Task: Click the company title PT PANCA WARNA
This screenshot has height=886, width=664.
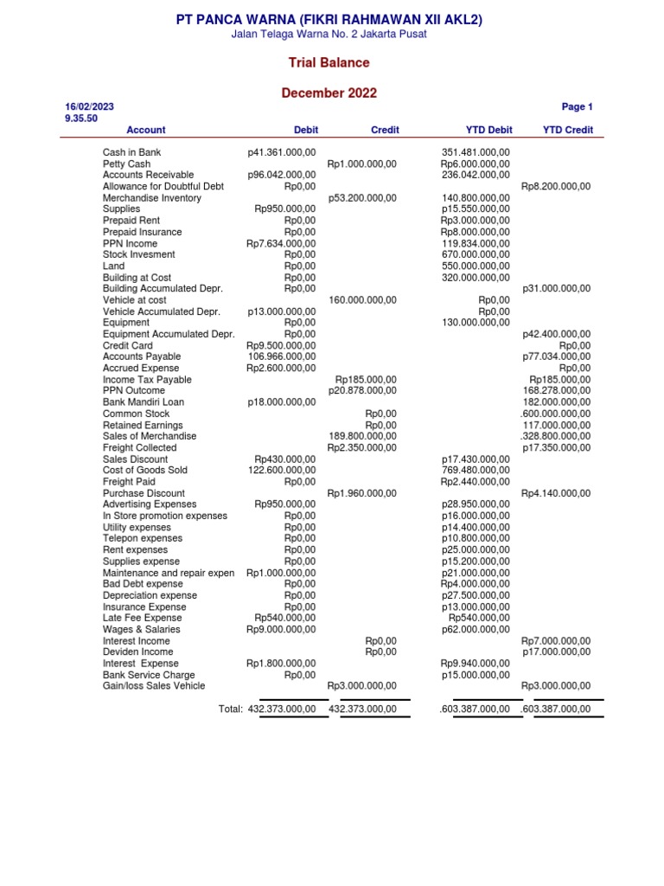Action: coord(329,18)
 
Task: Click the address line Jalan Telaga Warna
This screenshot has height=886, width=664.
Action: coord(329,34)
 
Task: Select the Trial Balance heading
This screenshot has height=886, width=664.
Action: coord(329,63)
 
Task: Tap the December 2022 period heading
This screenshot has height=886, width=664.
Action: coord(329,93)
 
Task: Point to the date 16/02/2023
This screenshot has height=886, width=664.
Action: coord(89,106)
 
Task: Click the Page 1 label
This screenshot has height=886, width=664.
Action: coord(577,107)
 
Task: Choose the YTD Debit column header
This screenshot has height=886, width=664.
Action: coord(488,130)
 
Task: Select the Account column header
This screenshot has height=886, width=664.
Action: coord(146,130)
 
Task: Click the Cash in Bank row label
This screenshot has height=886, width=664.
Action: coord(131,152)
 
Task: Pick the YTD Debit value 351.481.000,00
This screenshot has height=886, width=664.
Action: coord(476,152)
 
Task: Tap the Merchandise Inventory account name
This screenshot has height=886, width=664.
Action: coord(151,198)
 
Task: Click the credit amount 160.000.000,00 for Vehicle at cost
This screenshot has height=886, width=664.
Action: coord(363,300)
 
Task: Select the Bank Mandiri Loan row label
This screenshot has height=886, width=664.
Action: coord(143,402)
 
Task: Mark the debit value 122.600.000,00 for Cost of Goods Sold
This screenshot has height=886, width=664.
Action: coord(282,471)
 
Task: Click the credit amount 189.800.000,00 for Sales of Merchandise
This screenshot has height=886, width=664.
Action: coord(363,436)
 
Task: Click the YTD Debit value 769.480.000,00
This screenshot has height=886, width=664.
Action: coord(476,471)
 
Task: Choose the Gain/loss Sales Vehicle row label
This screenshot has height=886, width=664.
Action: coord(154,686)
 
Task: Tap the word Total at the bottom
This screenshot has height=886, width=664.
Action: coord(231,709)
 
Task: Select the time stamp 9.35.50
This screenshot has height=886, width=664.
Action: coord(81,119)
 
